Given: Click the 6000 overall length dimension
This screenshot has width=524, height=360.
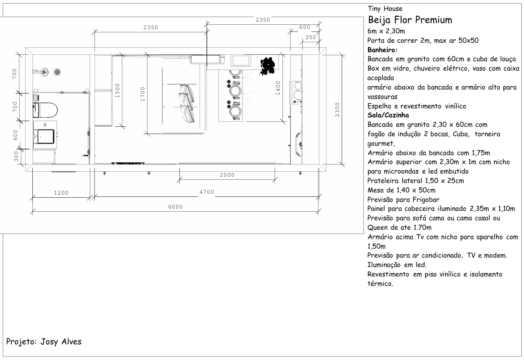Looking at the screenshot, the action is (x=175, y=207).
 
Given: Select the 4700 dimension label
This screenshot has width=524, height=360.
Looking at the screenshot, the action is (x=206, y=192).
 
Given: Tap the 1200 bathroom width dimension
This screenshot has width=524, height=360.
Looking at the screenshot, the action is (x=61, y=193).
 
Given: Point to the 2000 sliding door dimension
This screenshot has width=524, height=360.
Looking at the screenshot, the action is (x=227, y=175).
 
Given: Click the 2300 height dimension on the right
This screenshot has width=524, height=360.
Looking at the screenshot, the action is (x=337, y=110).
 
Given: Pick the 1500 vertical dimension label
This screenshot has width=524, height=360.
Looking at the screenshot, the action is (x=117, y=90).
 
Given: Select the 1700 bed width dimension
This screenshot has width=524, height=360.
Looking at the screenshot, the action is (x=143, y=94).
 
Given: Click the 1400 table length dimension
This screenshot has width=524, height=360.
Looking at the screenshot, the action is (x=278, y=88).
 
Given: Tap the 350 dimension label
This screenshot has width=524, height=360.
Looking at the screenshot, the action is (x=310, y=37).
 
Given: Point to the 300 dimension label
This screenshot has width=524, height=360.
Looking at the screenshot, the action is (x=16, y=156).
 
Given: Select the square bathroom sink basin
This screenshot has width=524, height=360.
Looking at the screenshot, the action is (x=45, y=136).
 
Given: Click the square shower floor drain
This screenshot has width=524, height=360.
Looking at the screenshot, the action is (x=57, y=72).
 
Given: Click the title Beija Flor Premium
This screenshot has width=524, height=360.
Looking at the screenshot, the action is (x=410, y=20).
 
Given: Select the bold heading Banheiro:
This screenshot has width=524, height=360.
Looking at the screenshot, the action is (x=383, y=50).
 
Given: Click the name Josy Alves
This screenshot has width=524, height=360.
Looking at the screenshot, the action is (x=61, y=342).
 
